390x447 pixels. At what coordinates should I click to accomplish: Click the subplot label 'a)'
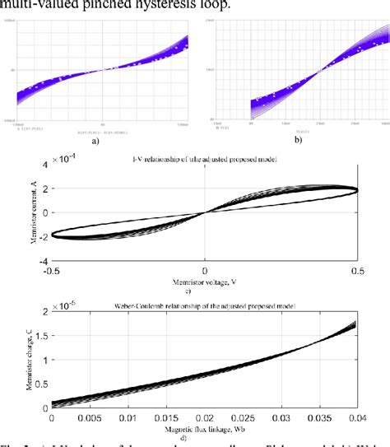click(x=95, y=141)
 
